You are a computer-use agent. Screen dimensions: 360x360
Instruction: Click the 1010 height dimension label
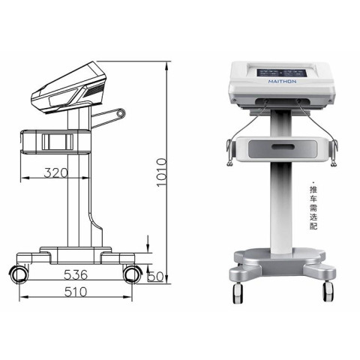click(x=161, y=172)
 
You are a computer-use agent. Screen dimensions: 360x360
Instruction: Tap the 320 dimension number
click(x=55, y=172)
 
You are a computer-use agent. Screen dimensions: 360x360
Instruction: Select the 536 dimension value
click(x=76, y=274)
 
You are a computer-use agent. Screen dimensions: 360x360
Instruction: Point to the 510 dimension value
click(x=76, y=292)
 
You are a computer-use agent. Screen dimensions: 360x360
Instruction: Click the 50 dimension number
click(x=155, y=277)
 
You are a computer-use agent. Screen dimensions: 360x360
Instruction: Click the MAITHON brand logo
click(x=282, y=82)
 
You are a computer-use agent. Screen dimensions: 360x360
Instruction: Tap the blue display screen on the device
click(x=282, y=73)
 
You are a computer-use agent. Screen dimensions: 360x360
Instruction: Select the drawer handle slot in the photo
click(x=283, y=146)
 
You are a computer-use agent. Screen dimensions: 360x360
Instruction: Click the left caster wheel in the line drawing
click(x=18, y=274)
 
